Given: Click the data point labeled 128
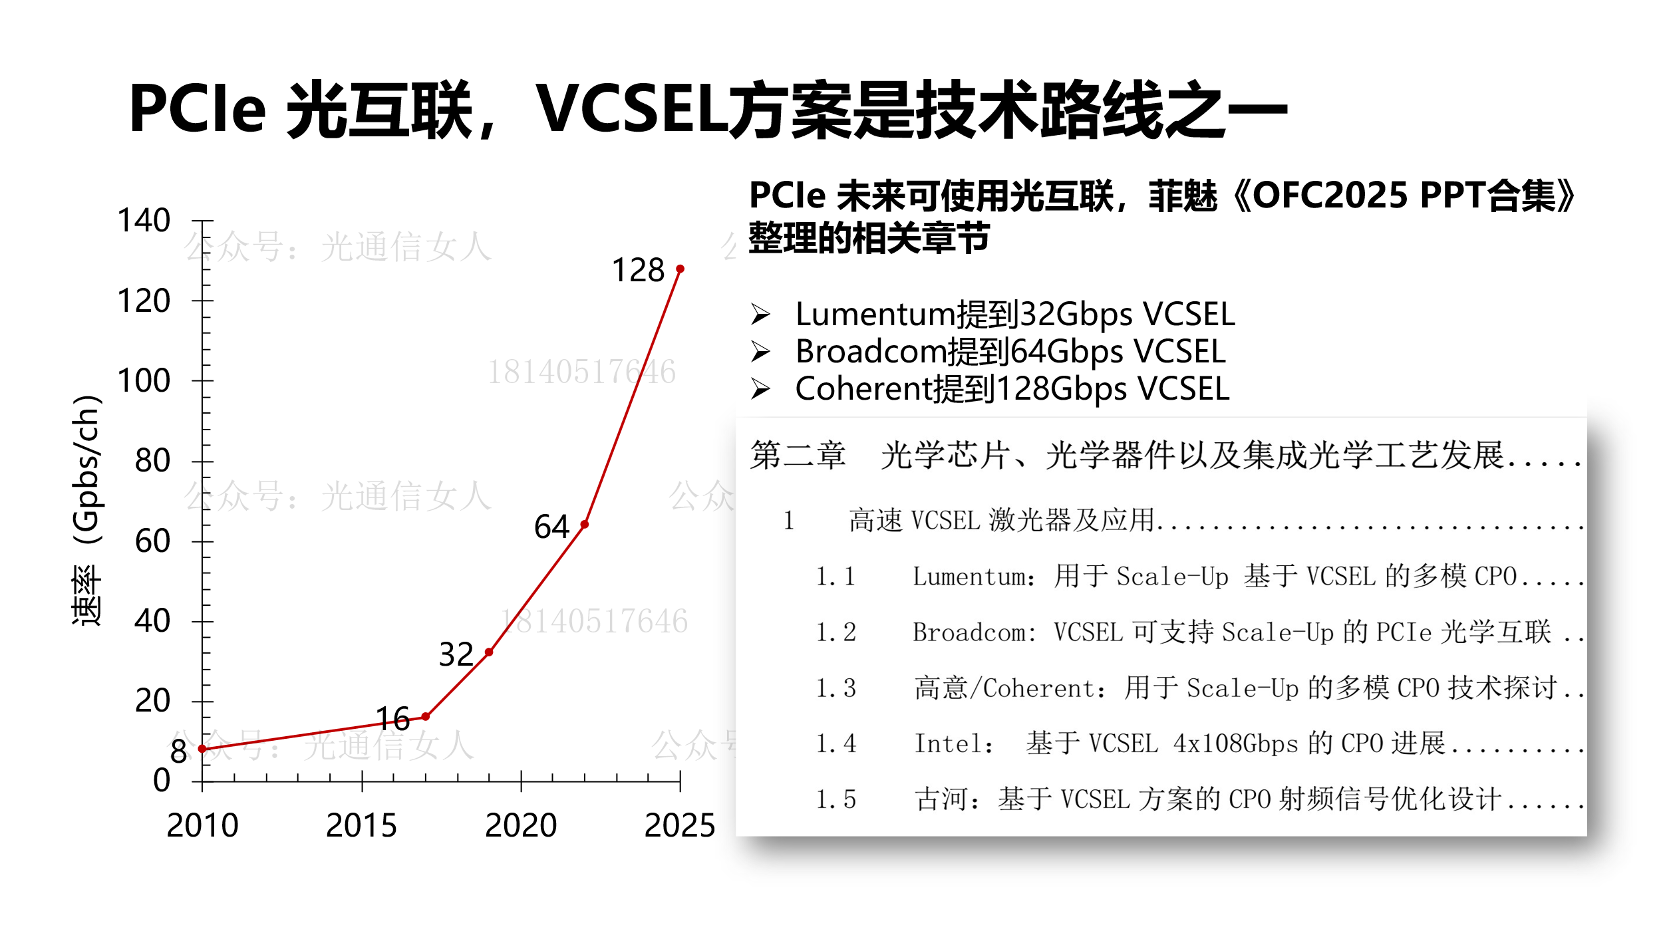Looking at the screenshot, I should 680,269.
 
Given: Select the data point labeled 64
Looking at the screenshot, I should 585,525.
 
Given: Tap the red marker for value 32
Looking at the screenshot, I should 489,652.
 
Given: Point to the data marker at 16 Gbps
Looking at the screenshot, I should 426,717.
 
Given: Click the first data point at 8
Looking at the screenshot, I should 202,749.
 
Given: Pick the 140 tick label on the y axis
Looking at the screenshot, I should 144,221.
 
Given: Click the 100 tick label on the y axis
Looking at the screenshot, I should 144,381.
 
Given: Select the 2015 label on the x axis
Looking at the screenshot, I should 361,825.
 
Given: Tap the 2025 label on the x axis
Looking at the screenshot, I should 679,825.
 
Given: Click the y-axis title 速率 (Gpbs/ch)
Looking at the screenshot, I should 87,511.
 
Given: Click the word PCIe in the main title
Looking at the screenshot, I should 198,109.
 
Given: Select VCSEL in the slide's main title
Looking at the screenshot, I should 632,109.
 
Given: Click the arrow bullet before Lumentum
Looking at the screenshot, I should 760,314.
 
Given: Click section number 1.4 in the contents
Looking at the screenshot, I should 835,743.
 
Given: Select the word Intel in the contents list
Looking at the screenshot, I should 953,743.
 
